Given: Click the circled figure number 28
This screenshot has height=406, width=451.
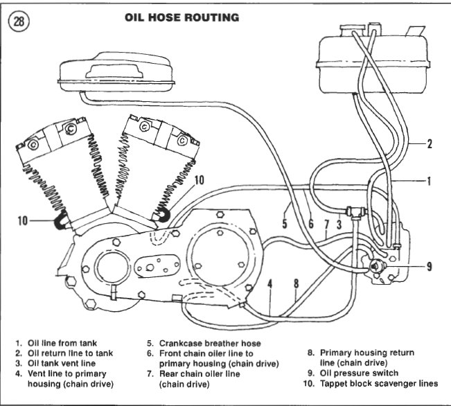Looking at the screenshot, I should click(x=20, y=21).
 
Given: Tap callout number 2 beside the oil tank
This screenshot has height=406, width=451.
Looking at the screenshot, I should click(x=430, y=144).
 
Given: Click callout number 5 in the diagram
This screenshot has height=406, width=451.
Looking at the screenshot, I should click(x=284, y=224).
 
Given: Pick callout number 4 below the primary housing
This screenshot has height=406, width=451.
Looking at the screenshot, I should click(x=270, y=283).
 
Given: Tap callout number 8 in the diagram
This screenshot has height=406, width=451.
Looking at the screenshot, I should click(x=296, y=283).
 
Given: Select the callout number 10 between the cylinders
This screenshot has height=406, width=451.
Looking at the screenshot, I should click(x=199, y=181).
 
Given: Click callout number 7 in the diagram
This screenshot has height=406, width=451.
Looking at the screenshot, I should click(x=326, y=224).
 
